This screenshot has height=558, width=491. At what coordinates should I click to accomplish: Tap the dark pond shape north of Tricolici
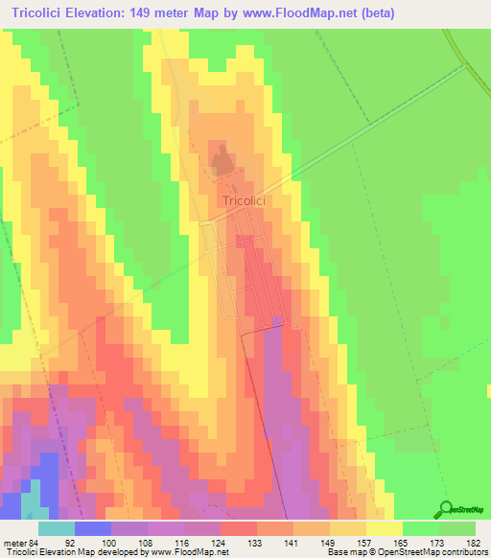[x=222, y=160]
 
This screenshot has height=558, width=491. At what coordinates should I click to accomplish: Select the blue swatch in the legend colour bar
[x=92, y=529]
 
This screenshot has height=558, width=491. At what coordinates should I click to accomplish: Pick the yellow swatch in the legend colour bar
[x=384, y=529]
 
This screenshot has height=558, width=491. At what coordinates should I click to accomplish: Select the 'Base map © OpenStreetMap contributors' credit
[x=403, y=552]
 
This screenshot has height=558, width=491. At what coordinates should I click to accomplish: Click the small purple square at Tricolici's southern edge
[x=276, y=321]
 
